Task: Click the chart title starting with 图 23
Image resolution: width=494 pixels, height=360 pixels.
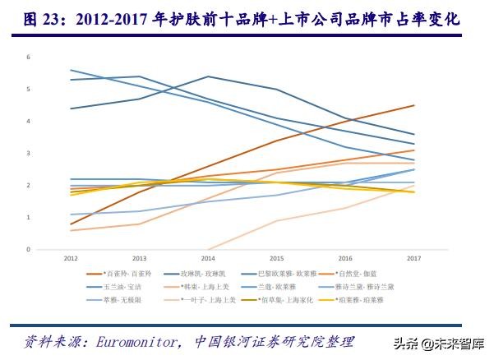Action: [247, 18]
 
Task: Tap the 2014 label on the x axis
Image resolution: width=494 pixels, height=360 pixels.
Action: [208, 258]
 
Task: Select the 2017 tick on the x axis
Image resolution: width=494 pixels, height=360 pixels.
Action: [413, 258]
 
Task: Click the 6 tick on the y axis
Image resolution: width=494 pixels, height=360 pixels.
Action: [28, 57]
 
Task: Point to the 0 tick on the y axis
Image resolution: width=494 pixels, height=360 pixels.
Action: [28, 249]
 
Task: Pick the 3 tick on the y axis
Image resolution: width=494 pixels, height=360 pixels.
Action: [28, 153]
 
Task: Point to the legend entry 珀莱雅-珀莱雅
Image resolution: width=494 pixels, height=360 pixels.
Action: [366, 300]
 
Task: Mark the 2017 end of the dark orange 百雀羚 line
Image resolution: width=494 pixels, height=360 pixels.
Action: [413, 105]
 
